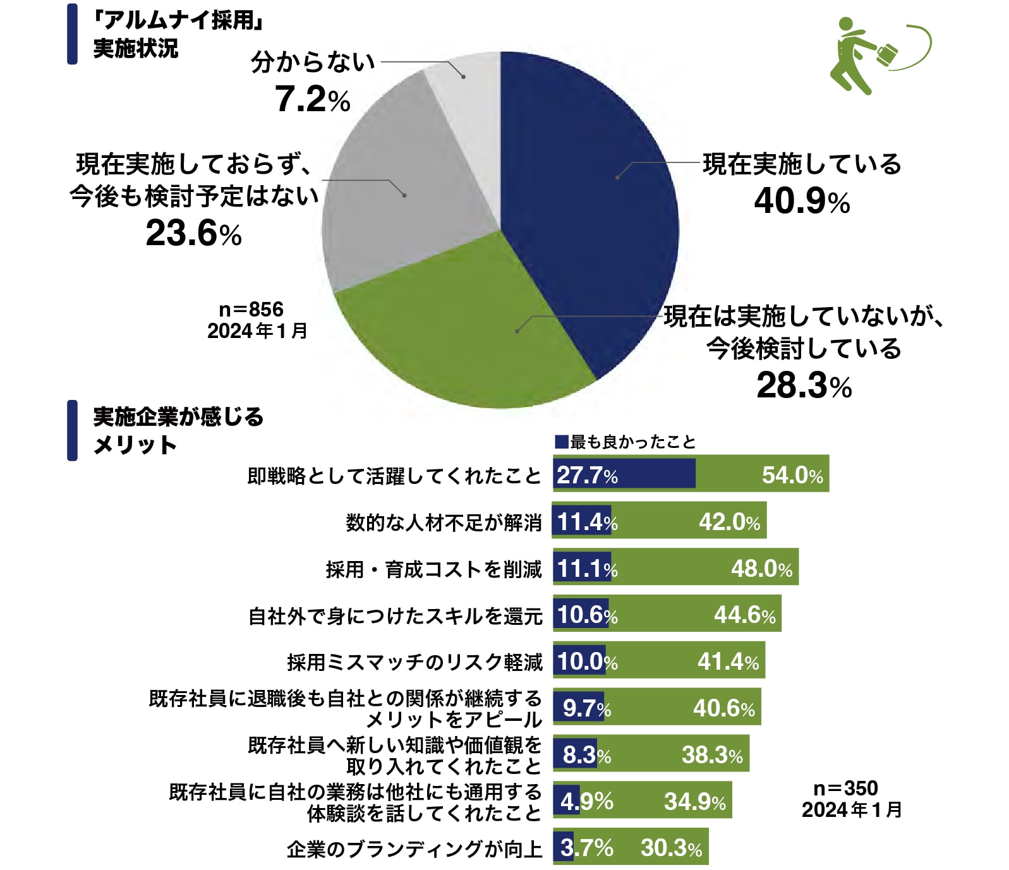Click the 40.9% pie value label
point(801,202)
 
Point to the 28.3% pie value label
point(804,385)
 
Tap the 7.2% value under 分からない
point(312,100)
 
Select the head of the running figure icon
point(845,25)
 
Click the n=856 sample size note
point(251,310)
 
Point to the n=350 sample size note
point(845,788)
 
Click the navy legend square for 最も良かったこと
point(561,442)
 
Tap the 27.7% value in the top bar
point(587,475)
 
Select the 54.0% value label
point(792,475)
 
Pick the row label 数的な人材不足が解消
point(444,523)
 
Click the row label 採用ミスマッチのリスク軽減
point(414,662)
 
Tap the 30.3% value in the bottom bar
point(671,848)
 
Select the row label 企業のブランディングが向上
point(414,849)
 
